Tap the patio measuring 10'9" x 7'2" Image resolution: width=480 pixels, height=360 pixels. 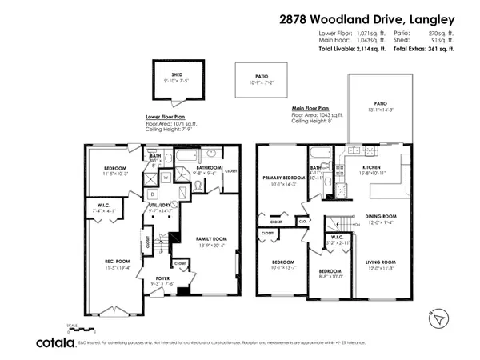[258, 79]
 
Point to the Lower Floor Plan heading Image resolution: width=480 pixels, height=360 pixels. [166, 115]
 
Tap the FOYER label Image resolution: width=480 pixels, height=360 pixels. [164, 279]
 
